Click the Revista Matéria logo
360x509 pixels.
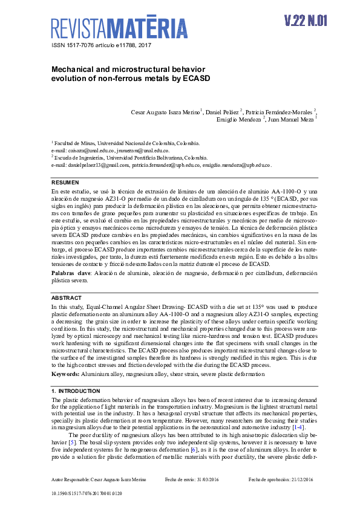[x=119, y=28]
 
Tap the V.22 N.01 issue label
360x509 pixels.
[x=306, y=21]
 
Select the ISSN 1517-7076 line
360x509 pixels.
[x=100, y=46]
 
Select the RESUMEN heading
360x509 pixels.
[x=65, y=183]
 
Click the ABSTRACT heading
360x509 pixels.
[x=66, y=298]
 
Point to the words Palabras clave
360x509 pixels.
[x=71, y=273]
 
